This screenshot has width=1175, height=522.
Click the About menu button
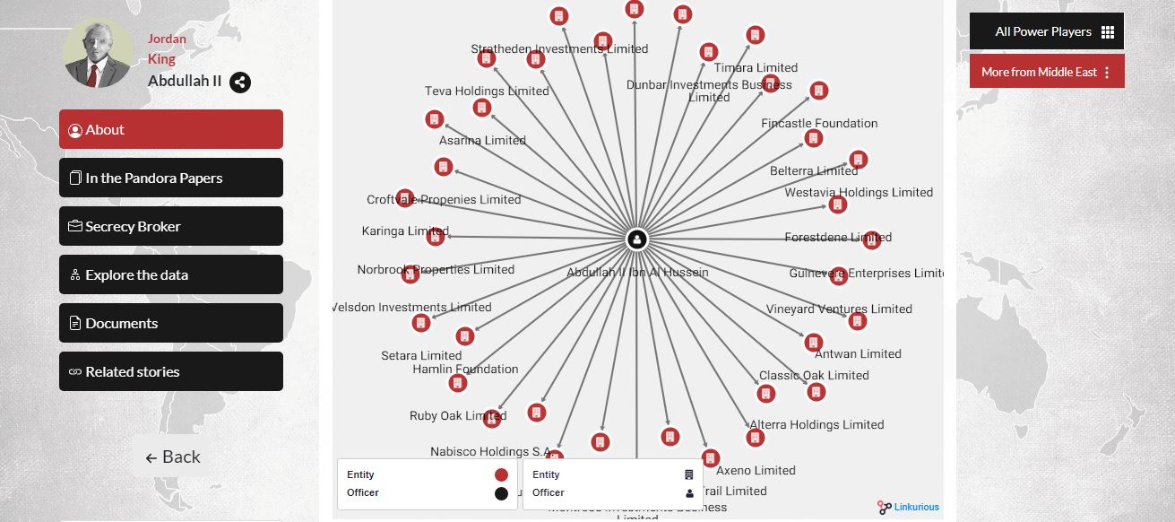(x=170, y=129)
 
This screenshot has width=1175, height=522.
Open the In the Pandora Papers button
(x=170, y=178)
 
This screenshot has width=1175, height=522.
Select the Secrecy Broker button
(x=170, y=226)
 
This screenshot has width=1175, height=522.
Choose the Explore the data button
(x=170, y=274)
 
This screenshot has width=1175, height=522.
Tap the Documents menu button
(x=170, y=323)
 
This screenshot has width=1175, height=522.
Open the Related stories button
(x=170, y=371)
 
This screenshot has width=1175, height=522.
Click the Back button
(x=173, y=457)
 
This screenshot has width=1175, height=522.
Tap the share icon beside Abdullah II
(x=239, y=82)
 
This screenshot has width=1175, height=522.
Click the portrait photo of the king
(x=99, y=53)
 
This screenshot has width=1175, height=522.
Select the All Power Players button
(x=1046, y=31)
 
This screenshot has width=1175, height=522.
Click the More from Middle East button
(x=1046, y=72)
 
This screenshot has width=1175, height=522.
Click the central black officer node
(x=636, y=239)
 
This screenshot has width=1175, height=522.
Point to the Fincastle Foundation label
(x=819, y=123)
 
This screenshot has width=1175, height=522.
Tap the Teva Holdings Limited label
(x=487, y=91)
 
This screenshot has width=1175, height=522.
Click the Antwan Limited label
(x=858, y=353)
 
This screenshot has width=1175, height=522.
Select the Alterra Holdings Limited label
(x=816, y=424)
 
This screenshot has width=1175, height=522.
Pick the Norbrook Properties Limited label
(x=436, y=269)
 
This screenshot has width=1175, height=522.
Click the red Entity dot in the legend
(x=501, y=474)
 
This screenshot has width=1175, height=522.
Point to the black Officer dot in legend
(x=501, y=493)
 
